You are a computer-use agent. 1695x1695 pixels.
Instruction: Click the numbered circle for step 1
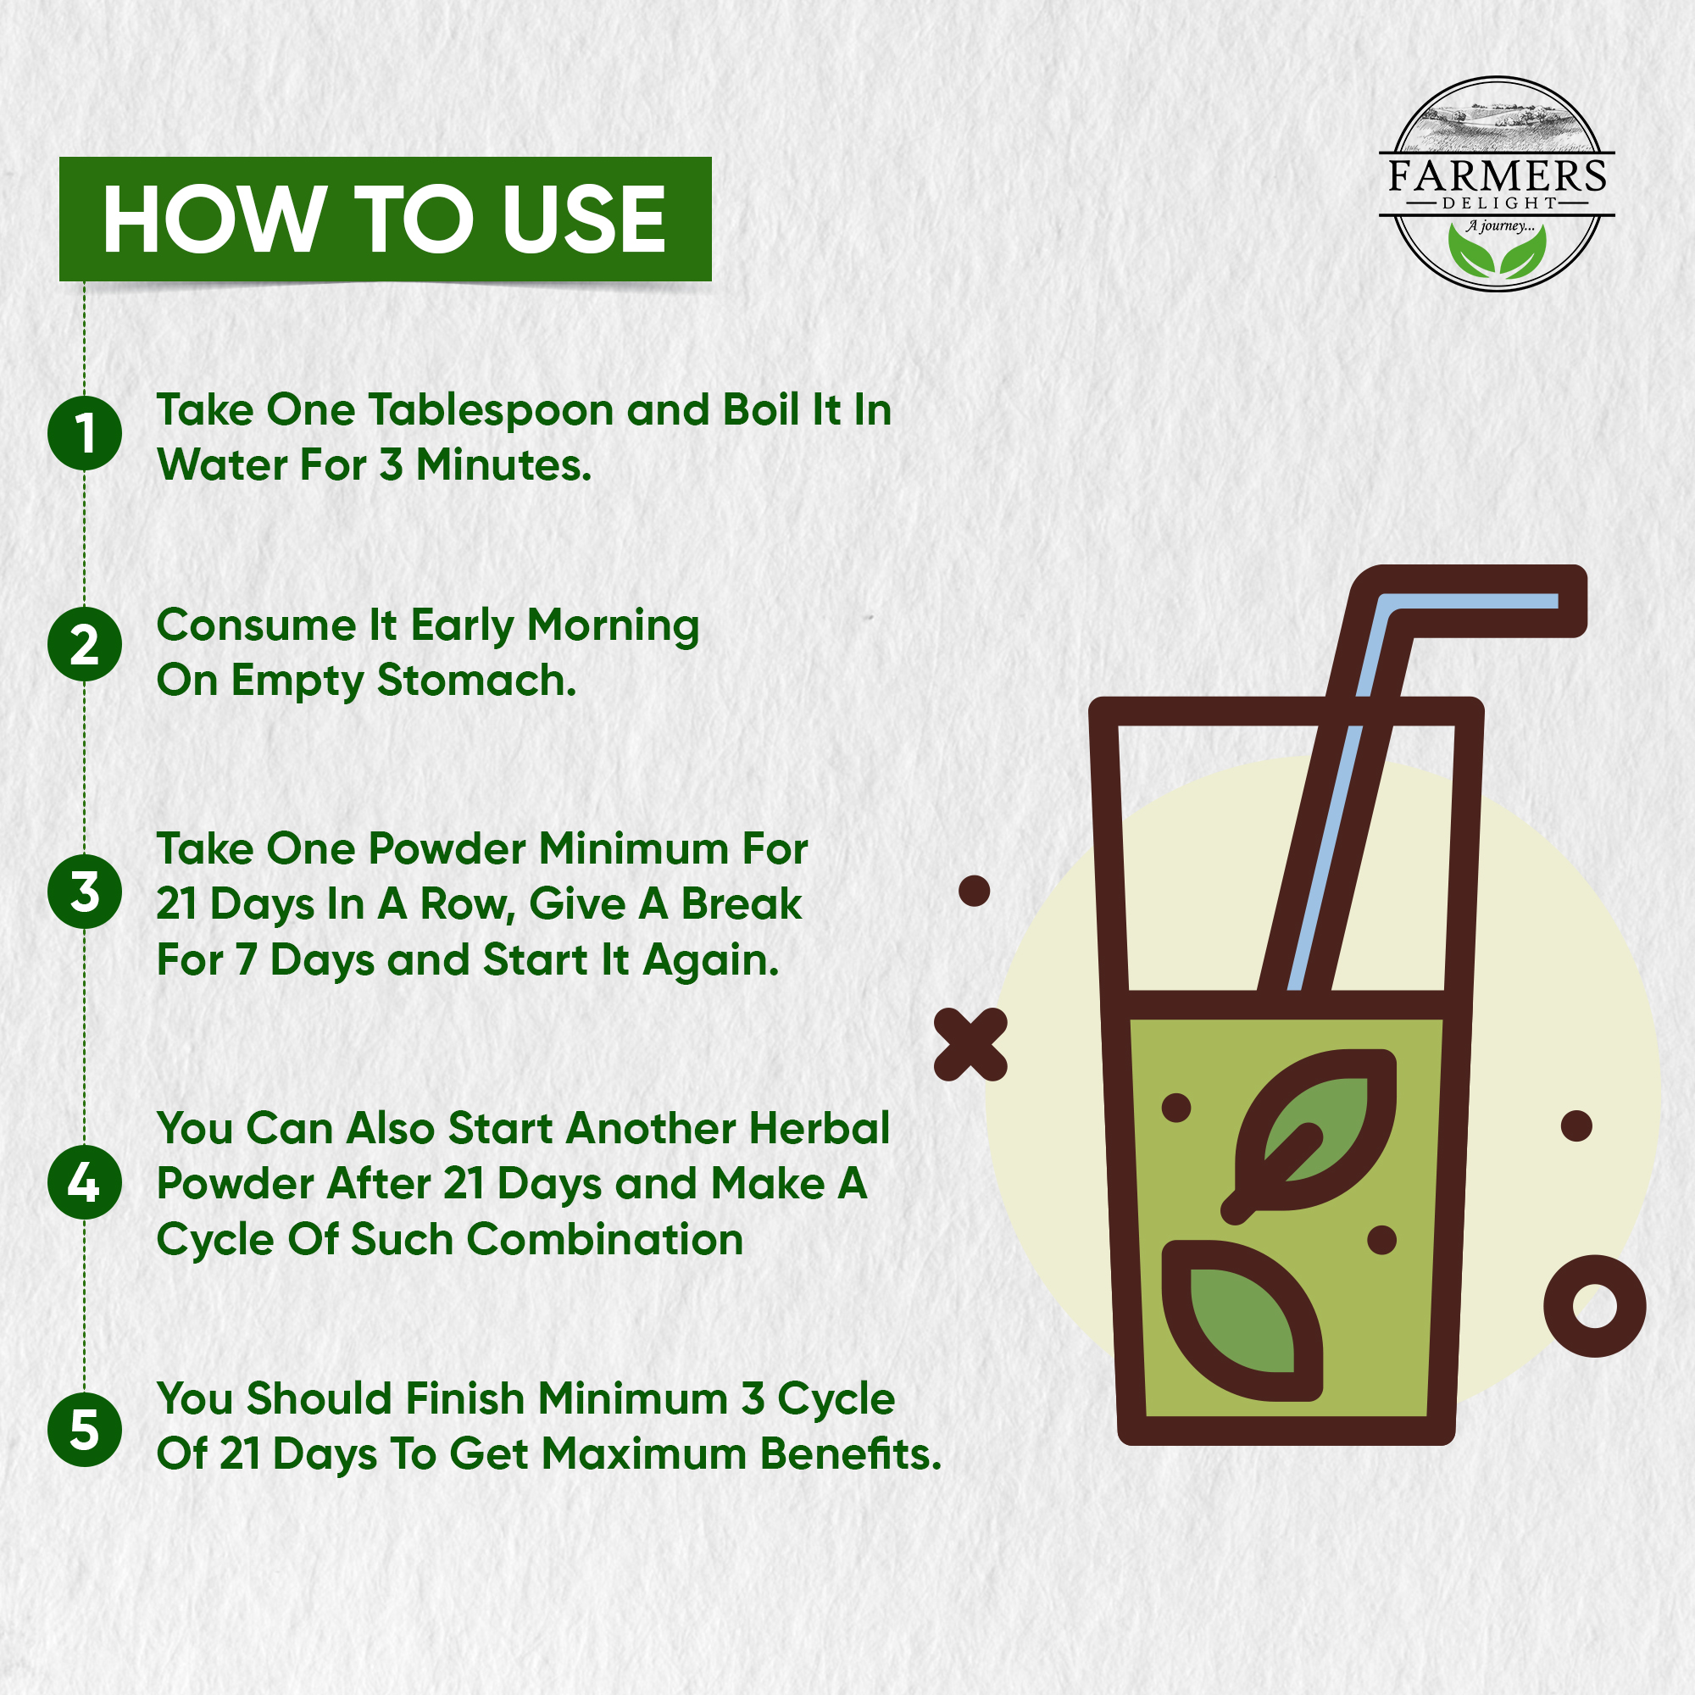coord(84,432)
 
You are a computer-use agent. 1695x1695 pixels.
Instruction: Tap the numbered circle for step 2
coord(84,645)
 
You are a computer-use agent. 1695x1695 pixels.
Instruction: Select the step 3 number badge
coord(84,892)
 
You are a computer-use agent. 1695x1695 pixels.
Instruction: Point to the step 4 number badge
coord(84,1181)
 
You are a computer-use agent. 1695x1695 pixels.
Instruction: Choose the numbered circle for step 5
coord(84,1429)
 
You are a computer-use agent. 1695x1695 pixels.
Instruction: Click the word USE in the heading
coord(583,220)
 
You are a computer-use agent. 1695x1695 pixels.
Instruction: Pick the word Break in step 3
coord(742,903)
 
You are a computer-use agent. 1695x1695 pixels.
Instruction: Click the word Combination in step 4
coord(605,1240)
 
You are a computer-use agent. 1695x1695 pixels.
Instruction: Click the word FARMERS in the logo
coord(1497,176)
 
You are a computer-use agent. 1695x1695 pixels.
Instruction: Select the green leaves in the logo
coord(1497,253)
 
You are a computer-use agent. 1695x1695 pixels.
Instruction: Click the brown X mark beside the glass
coord(970,1044)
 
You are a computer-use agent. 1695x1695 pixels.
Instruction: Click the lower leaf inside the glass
coord(1242,1320)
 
